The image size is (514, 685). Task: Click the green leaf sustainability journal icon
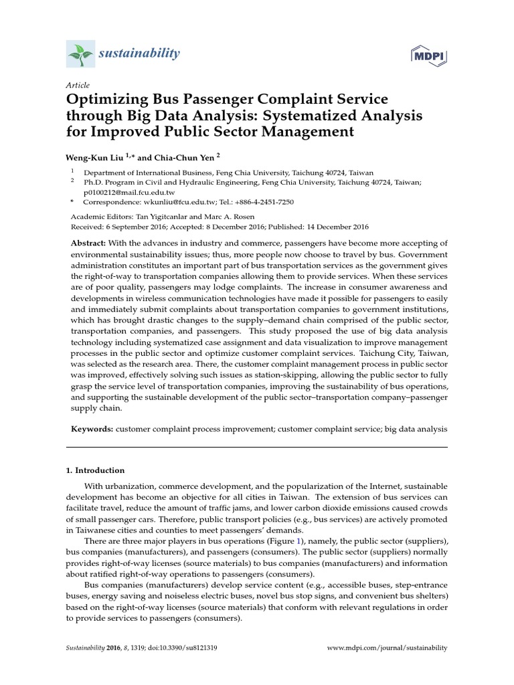[x=80, y=53]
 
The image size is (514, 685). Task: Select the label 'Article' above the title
[x=78, y=85]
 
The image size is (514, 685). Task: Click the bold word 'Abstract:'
[x=88, y=243]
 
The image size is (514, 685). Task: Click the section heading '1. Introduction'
[x=95, y=470]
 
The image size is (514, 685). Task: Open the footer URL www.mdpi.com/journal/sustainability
[x=386, y=648]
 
